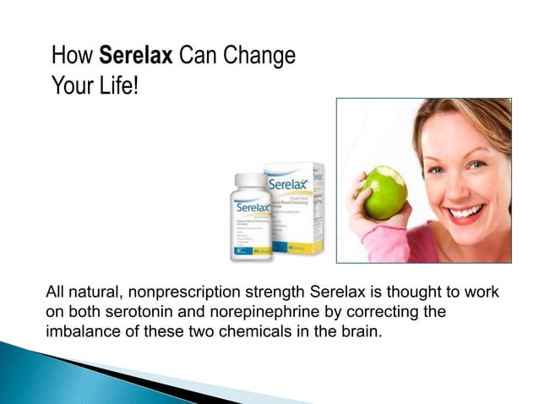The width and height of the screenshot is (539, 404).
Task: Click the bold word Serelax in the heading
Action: (x=136, y=57)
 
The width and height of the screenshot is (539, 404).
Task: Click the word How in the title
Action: (x=72, y=57)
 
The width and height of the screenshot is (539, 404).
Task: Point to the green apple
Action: (x=381, y=192)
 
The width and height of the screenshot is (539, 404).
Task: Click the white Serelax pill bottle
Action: (x=251, y=215)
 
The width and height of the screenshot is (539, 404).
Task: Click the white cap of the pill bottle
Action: (x=250, y=180)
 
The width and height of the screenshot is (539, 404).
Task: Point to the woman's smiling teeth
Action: (x=467, y=210)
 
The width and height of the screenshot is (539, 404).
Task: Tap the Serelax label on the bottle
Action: (x=251, y=207)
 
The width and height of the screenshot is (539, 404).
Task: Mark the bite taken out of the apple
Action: (x=378, y=173)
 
